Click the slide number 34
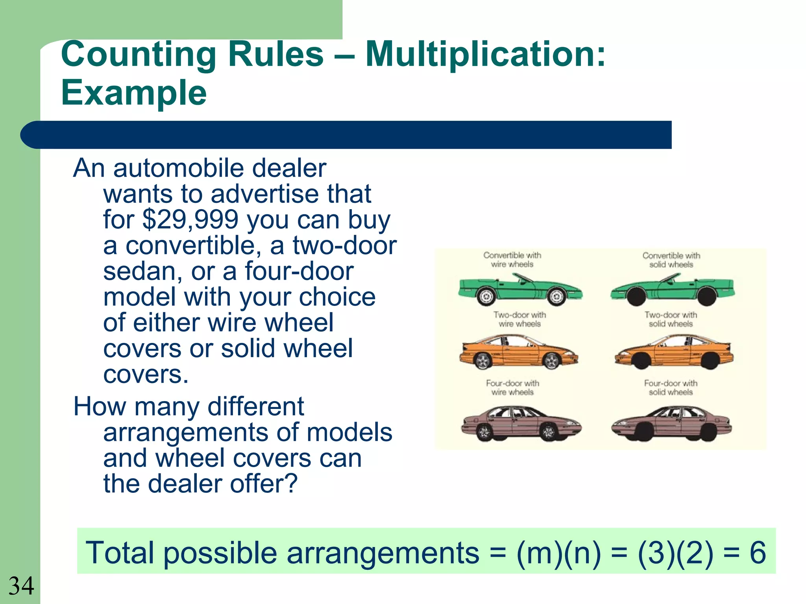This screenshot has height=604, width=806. (21, 586)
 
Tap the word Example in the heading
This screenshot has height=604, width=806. (134, 93)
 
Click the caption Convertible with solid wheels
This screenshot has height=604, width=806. (671, 260)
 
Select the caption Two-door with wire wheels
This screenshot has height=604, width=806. (519, 319)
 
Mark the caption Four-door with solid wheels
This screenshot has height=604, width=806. (671, 387)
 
